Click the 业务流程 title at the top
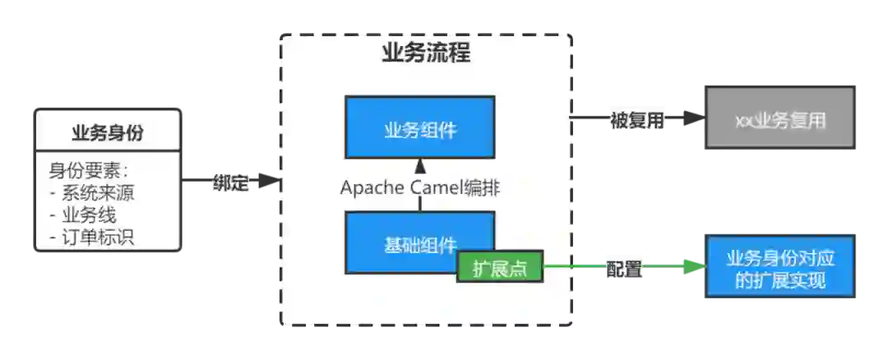(426, 54)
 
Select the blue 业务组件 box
(419, 127)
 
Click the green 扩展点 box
(500, 268)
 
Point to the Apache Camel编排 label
(420, 187)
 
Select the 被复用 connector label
(636, 121)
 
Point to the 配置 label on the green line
(624, 269)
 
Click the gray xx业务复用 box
(782, 121)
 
